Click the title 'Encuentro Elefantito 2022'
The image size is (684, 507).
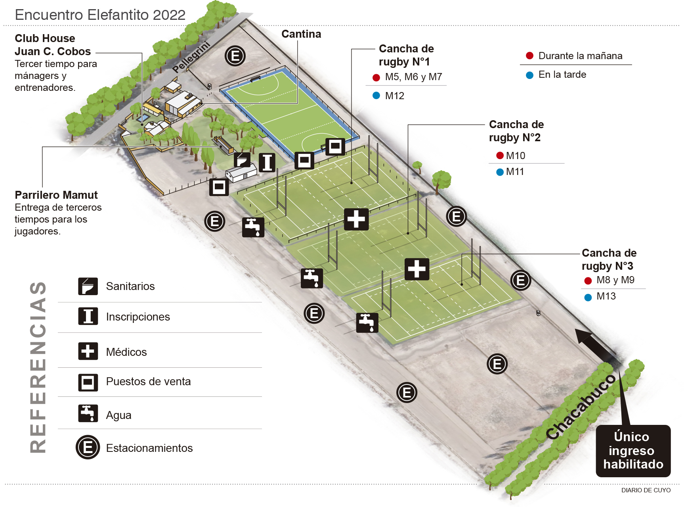(100, 15)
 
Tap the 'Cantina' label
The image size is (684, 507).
(301, 34)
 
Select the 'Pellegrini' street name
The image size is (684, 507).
(191, 57)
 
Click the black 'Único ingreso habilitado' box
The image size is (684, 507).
(633, 451)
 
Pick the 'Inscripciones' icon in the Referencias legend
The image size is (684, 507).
(88, 316)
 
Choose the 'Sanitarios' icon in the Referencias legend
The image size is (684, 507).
(88, 286)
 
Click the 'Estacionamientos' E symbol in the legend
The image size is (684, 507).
(88, 447)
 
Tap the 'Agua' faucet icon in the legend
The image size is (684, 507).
(88, 413)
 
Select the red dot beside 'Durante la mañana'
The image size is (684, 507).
(529, 56)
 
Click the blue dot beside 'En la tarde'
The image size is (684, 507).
(529, 75)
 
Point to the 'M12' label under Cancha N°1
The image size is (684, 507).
(395, 96)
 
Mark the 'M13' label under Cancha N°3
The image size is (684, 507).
(606, 296)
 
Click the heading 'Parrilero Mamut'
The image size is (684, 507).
(56, 195)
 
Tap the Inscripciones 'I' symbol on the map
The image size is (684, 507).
(267, 162)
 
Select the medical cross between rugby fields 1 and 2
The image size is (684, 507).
(356, 219)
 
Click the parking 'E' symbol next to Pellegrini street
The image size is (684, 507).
(235, 56)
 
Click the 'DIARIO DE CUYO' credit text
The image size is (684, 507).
(646, 490)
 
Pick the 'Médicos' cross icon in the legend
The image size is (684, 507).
(88, 351)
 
